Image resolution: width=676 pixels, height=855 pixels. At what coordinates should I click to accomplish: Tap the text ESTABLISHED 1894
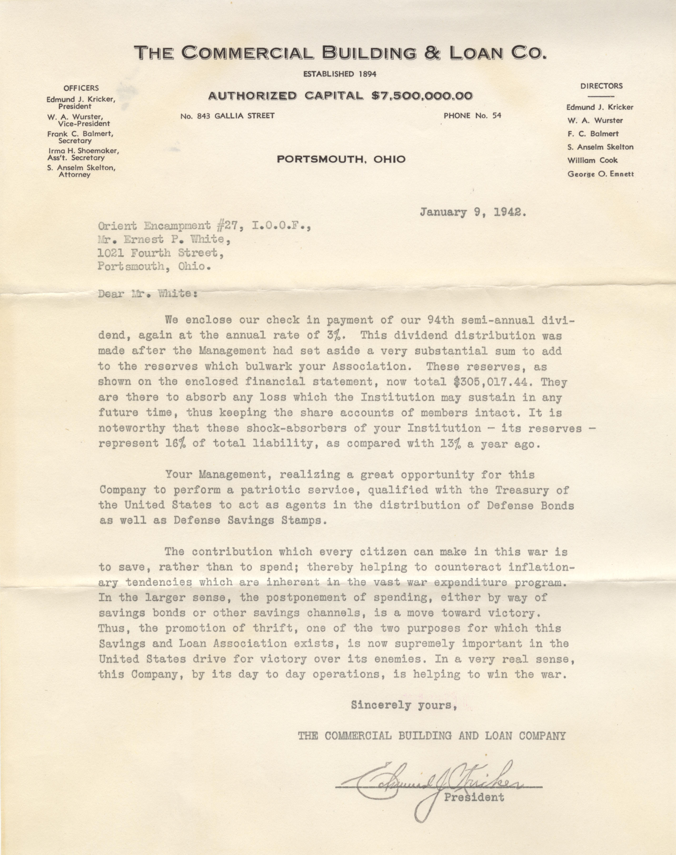tap(340, 74)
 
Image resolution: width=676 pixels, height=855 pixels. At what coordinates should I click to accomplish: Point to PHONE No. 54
tap(472, 116)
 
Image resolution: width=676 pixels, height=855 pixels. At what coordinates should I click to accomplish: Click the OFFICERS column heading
tap(81, 88)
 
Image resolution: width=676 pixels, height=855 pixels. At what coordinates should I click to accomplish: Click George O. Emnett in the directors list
tap(600, 174)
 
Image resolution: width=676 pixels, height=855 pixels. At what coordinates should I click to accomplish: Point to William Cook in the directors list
tap(593, 160)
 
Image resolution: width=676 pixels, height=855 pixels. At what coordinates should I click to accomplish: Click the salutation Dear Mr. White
tap(147, 294)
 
